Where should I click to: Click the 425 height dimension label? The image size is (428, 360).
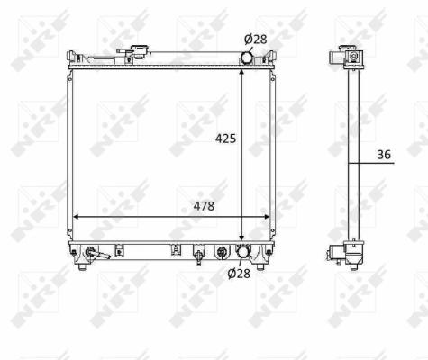[x=225, y=139]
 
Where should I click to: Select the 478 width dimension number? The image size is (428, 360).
[x=204, y=206]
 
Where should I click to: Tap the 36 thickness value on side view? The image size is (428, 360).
[x=384, y=155]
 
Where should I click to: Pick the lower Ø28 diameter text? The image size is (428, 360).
[x=238, y=274]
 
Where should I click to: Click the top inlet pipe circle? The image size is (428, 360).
[x=246, y=58]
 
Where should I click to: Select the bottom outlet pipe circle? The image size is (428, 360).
[x=241, y=252]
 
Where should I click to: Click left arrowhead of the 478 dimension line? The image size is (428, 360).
[x=76, y=217]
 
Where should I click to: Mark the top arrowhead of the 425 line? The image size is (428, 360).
[x=241, y=70]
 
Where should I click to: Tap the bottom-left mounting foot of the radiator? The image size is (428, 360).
[x=83, y=264]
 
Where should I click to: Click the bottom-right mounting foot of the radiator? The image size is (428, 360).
[x=260, y=264]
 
